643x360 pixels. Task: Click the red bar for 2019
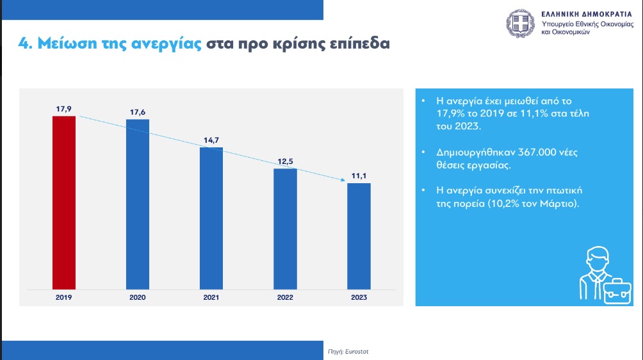point(63,202)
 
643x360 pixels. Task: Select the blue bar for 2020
point(138,204)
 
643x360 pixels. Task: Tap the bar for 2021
point(211,218)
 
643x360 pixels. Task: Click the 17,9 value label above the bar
point(63,108)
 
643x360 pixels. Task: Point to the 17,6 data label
point(138,111)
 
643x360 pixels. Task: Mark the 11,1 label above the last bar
point(359,175)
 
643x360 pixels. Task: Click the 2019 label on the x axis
point(63,298)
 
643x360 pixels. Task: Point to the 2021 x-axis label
point(211,298)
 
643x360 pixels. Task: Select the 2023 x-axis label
point(359,298)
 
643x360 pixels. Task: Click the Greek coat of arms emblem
point(521,23)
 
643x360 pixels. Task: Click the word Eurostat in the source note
point(357,352)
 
